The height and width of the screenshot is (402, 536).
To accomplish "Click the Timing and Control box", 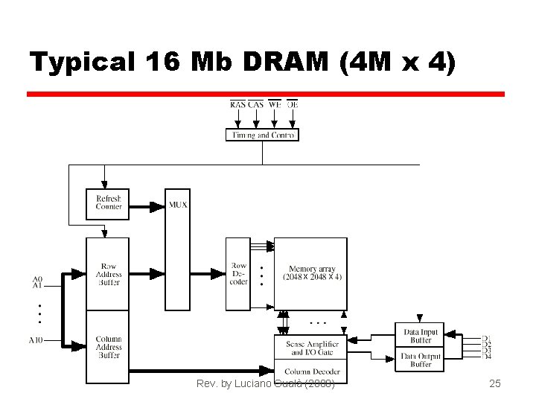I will (262, 135).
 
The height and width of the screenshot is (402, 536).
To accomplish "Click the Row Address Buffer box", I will (108, 273).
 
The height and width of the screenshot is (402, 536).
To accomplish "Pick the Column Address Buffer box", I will (108, 347).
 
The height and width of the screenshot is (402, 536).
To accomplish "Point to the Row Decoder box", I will (238, 273).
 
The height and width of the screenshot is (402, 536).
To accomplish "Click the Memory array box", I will (312, 273).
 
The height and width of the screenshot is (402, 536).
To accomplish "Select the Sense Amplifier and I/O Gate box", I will (312, 347).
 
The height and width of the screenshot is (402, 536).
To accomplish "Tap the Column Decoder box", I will (312, 371).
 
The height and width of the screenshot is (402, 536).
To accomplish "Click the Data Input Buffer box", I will (421, 336).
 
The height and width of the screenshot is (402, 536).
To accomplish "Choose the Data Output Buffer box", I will (421, 360).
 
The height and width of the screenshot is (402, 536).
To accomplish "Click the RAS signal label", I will (237, 104).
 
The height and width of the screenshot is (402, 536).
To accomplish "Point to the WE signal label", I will (275, 104).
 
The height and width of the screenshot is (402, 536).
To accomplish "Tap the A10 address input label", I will (36, 340).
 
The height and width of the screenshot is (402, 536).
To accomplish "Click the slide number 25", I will (495, 384).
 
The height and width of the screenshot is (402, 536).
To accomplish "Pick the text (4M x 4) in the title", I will (395, 63).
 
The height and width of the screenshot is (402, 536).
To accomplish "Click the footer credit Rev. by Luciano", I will (264, 383).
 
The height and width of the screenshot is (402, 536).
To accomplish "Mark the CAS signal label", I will (255, 104).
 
